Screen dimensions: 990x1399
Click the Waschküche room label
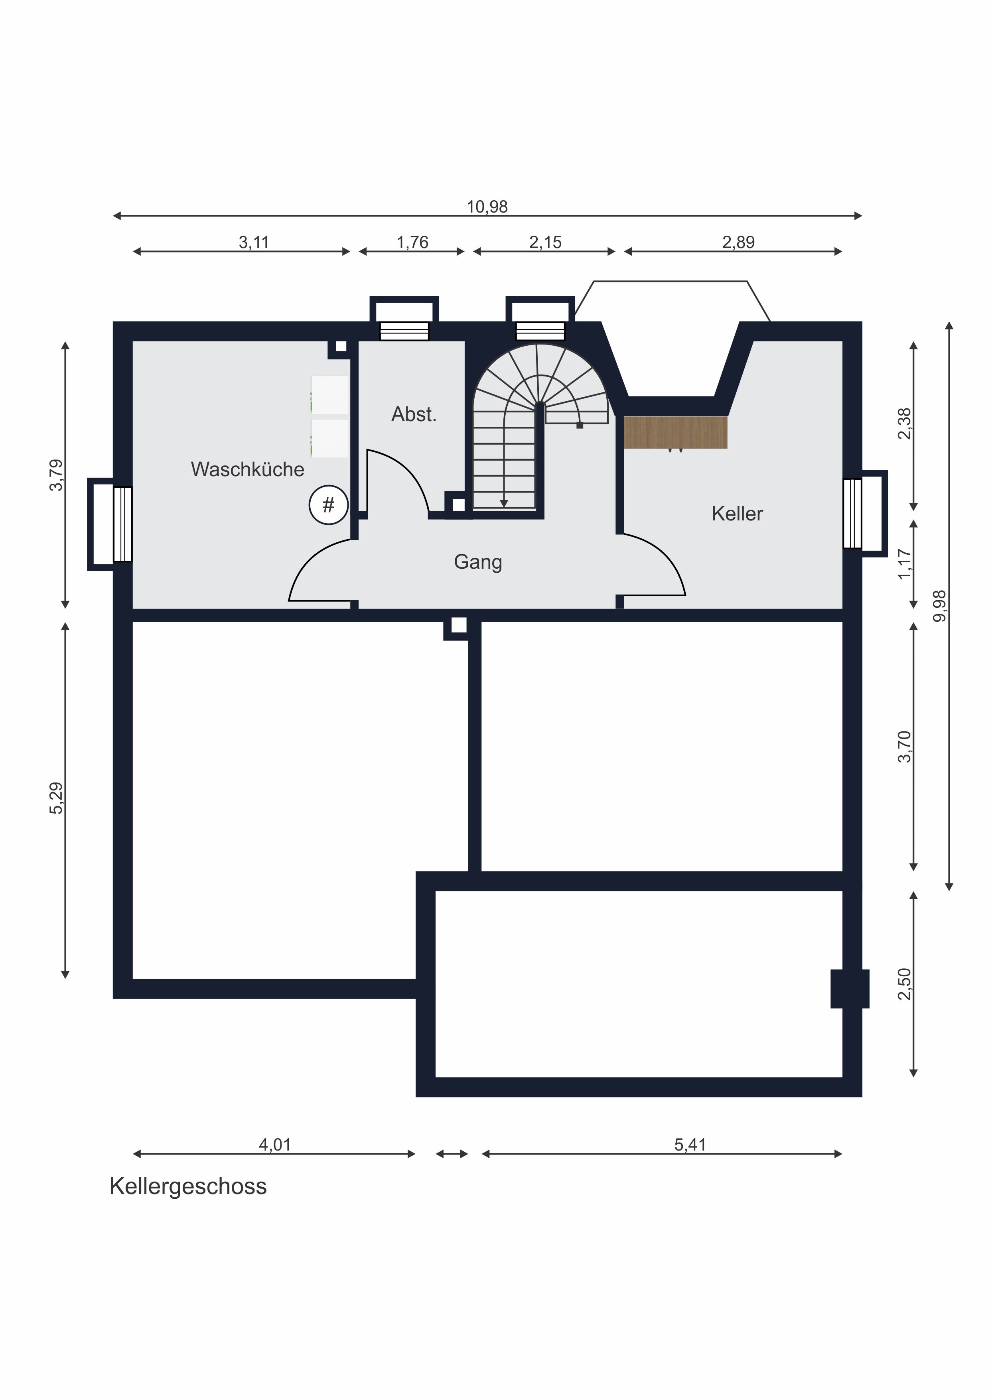247,469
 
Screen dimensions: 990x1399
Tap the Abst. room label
414,414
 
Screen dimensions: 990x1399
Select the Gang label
478,562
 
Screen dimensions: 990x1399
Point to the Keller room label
737,514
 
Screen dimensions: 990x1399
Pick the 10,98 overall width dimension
487,207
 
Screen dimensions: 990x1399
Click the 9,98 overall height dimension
940,606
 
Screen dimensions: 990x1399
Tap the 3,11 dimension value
254,242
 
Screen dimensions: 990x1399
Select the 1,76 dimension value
413,242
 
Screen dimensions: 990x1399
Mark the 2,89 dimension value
738,242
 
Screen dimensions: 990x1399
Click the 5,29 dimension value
56,798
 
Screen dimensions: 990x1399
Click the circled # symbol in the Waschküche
329,504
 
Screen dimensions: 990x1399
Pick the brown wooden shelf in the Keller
675,433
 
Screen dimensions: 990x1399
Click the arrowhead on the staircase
504,503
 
